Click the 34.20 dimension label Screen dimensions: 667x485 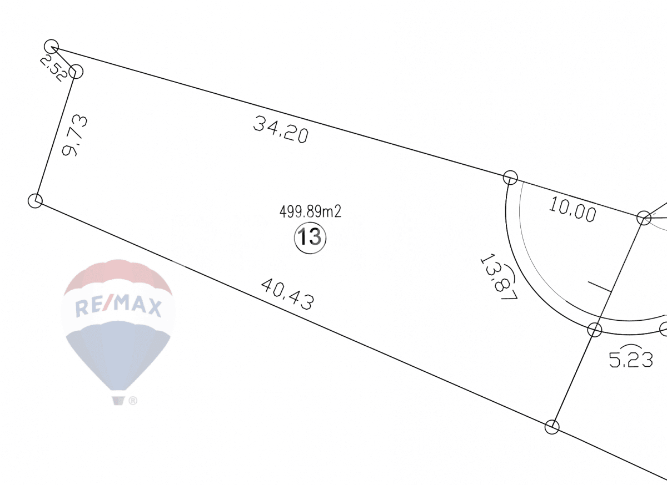[x=281, y=129]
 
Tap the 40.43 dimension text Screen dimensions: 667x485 [x=288, y=294]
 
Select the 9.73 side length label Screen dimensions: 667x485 [x=74, y=135]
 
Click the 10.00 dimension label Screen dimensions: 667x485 [x=573, y=209]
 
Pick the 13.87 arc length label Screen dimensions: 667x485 [x=499, y=276]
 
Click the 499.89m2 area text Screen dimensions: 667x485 [x=310, y=212]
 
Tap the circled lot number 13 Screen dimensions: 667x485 [x=310, y=238]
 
